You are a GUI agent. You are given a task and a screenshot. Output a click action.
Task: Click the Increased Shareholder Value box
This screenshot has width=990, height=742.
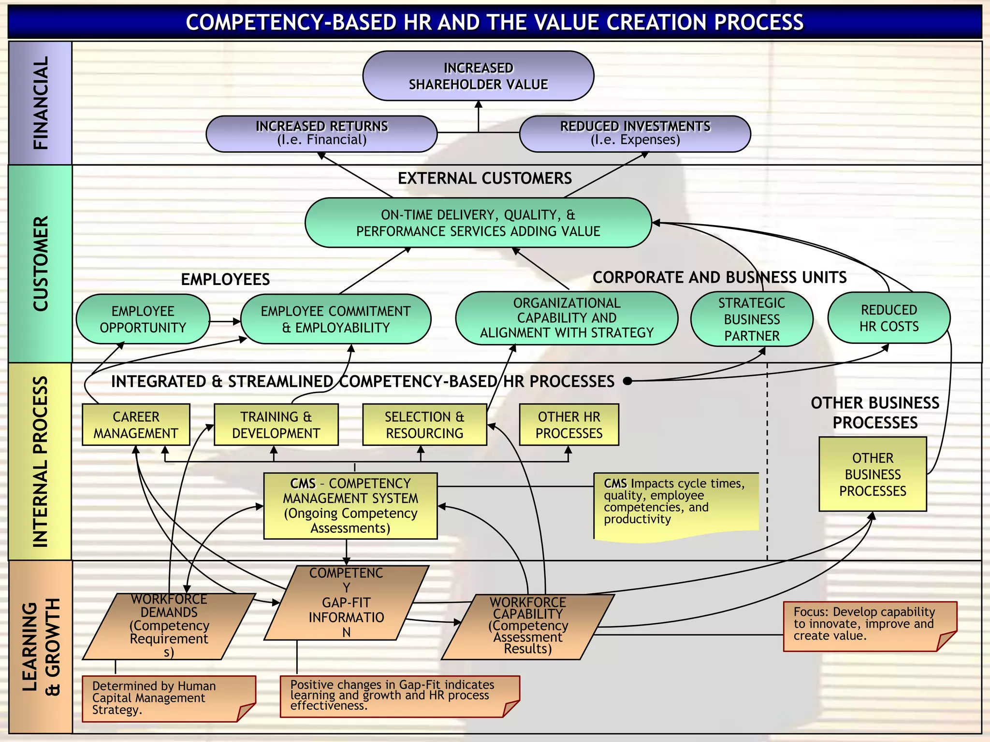pos(478,76)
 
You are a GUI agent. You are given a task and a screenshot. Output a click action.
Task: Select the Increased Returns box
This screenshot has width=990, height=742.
pos(321,133)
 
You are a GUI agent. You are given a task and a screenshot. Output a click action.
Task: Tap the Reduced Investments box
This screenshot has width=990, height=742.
pos(635,133)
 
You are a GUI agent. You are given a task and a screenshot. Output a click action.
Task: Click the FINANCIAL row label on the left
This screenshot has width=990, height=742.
pos(41,102)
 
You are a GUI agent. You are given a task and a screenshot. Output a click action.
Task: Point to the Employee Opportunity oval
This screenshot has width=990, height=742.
pos(143,319)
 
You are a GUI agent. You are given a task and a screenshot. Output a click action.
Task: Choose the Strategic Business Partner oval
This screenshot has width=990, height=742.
pos(752,319)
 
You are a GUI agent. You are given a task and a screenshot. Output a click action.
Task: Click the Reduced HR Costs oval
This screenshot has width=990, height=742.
pos(888,317)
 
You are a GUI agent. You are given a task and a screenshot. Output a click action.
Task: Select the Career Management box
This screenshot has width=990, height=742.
pos(136,425)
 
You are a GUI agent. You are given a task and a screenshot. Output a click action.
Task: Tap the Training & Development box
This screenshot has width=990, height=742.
pos(276,425)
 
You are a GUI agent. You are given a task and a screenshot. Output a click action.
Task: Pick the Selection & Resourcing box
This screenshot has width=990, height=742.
pos(424,425)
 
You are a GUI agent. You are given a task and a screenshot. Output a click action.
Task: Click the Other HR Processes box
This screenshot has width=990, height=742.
pos(569,425)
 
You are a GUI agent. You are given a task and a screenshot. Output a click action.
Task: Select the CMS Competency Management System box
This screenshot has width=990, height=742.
pos(350,505)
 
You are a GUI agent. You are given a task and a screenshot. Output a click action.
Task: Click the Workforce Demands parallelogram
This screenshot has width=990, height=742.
pos(169,626)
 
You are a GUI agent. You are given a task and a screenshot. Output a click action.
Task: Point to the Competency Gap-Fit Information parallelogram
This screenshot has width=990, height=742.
pos(346,603)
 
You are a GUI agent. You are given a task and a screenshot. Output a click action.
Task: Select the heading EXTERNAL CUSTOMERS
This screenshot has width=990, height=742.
pos(484,178)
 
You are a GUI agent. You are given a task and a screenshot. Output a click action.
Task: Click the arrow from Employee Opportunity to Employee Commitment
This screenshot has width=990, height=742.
pos(225,321)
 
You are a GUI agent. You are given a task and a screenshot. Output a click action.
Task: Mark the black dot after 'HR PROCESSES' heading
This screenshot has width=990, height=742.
pos(627,381)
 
